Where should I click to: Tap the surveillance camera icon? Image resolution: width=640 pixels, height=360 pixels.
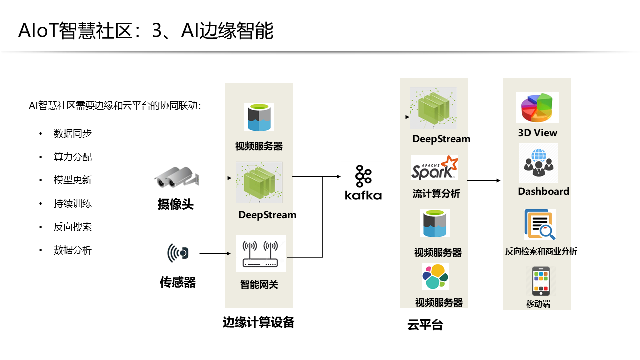point(176,177)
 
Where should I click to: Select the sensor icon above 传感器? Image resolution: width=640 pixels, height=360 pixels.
point(178,253)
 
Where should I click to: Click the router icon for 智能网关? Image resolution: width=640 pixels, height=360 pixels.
point(260,253)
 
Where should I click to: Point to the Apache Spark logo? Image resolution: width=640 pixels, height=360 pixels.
point(434,168)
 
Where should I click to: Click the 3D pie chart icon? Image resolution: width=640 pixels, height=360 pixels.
point(537,108)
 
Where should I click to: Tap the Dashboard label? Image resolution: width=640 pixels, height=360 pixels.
point(543,191)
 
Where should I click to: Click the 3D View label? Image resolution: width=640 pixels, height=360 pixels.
point(537,133)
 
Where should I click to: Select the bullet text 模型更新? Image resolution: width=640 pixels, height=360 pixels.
point(73,180)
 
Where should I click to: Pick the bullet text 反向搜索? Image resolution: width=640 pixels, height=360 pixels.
point(73,227)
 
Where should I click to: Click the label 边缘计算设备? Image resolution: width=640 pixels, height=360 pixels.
point(258,323)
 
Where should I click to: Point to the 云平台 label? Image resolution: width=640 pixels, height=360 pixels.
point(425,325)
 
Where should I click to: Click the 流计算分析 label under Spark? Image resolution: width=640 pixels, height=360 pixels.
point(436,194)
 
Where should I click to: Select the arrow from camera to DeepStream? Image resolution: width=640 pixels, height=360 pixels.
point(219,177)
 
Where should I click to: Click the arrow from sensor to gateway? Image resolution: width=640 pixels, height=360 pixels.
point(215,254)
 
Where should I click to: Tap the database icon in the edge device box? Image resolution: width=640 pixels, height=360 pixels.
point(259,117)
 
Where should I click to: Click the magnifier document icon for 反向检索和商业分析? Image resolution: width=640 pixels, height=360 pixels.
point(540,225)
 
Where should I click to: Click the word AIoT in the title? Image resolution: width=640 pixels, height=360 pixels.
point(38,31)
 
